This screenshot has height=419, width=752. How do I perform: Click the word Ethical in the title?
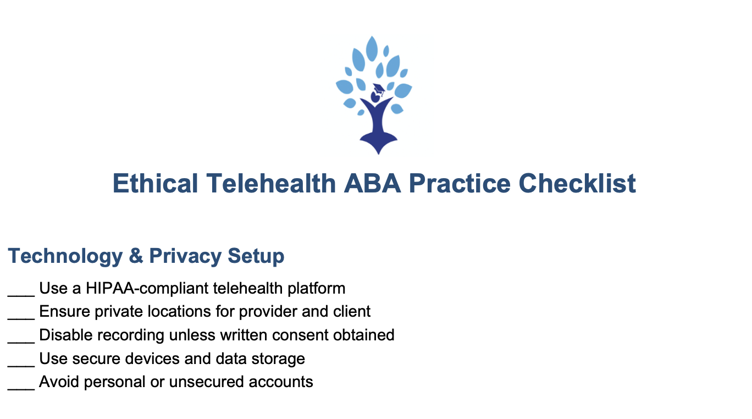tap(155, 183)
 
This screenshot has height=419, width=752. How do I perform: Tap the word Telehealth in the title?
tap(270, 183)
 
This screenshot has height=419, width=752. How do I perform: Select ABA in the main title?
tap(372, 183)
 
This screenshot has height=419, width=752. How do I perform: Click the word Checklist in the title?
tap(577, 183)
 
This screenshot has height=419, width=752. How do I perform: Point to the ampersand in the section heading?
tap(136, 256)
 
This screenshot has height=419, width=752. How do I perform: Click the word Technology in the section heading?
tap(65, 256)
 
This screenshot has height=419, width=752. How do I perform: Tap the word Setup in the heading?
tap(256, 256)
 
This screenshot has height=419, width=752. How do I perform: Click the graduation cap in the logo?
tap(379, 89)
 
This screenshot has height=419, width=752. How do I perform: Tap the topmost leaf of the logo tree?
tap(372, 49)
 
